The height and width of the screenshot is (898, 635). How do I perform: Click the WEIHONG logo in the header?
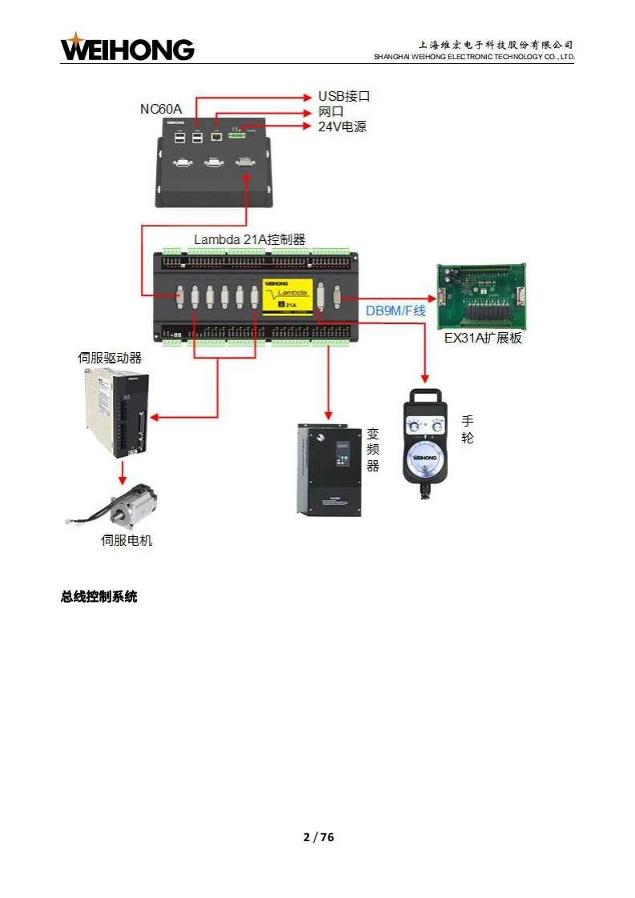127,48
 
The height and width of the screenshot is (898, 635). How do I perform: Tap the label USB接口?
344,97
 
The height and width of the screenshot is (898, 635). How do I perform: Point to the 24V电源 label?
342,126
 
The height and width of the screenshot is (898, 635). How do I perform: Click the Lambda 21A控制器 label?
250,239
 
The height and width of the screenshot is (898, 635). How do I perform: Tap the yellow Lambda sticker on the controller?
287,294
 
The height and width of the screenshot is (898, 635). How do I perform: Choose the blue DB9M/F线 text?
396,311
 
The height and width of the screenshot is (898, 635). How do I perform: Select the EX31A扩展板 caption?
483,338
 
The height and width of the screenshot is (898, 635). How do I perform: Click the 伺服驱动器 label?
110,358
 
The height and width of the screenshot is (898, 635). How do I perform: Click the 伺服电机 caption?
127,540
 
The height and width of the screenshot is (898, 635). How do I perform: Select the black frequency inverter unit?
326,468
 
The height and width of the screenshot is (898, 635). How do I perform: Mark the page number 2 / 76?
318,837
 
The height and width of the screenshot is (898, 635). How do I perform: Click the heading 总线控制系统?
99,596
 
